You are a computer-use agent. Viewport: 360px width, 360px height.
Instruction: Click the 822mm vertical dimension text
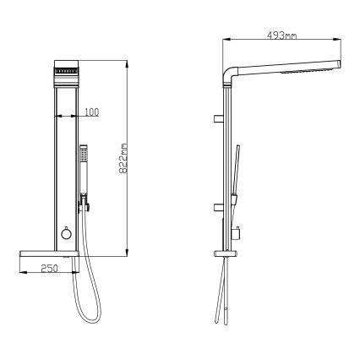(123, 158)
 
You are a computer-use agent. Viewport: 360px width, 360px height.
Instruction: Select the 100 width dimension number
(90, 111)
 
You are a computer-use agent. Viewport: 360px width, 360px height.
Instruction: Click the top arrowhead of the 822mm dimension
(126, 63)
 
